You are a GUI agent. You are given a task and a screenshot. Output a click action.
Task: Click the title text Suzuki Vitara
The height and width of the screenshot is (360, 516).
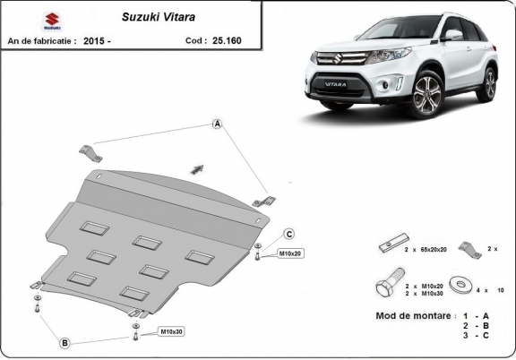pyautogui.click(x=149, y=16)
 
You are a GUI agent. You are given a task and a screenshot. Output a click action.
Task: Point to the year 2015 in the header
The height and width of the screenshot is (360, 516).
pyautogui.click(x=95, y=40)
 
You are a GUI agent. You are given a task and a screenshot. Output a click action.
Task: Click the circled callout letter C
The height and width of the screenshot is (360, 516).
pyautogui.click(x=289, y=234)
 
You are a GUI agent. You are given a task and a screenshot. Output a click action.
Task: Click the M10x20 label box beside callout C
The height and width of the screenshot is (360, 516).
pyautogui.click(x=289, y=253)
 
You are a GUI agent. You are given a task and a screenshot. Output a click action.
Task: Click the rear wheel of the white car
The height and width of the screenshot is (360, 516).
pyautogui.click(x=487, y=82)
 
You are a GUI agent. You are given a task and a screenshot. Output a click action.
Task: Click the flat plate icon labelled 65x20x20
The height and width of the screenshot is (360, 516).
pyautogui.click(x=389, y=245)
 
